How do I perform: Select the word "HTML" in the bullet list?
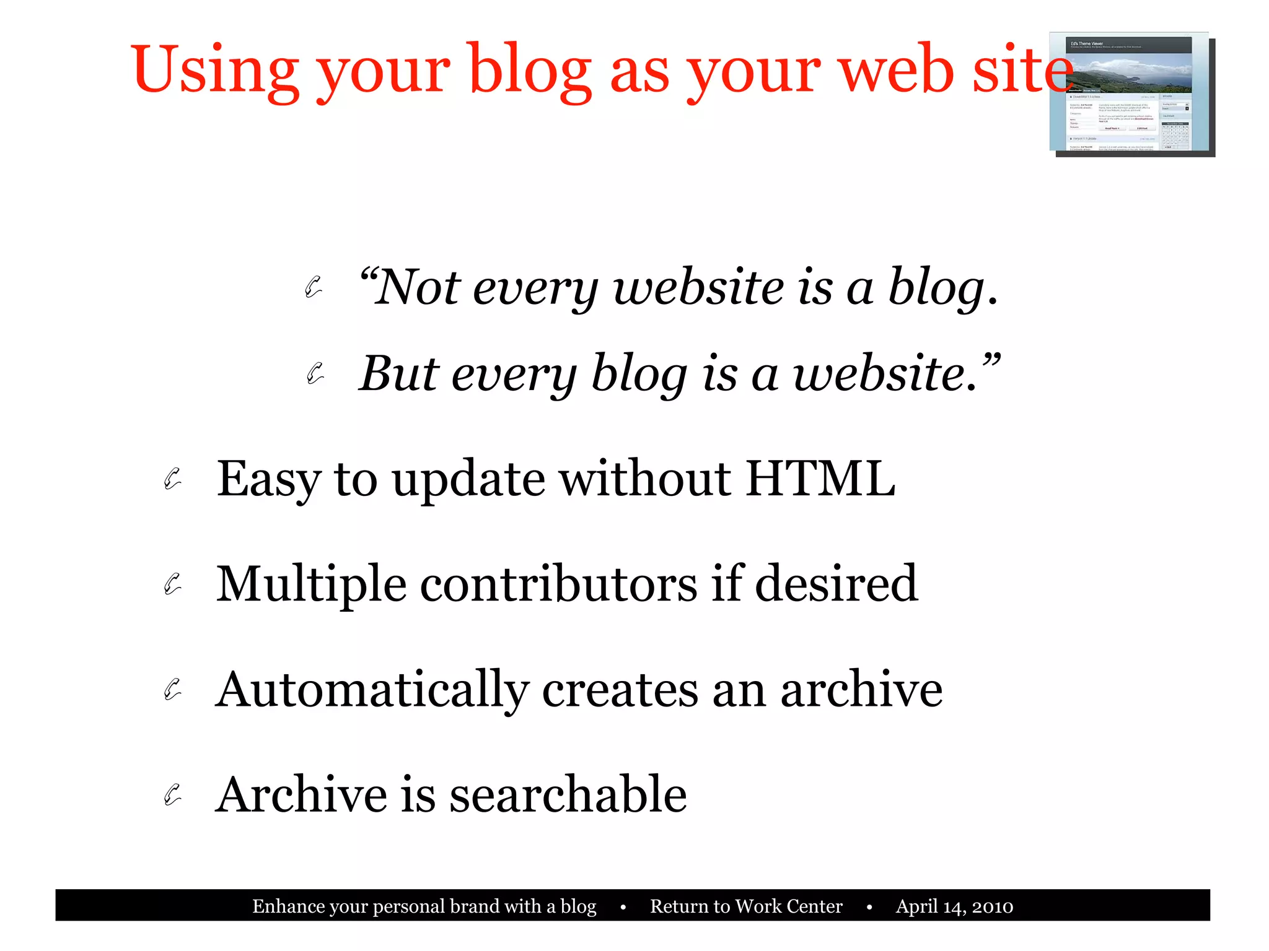click(x=820, y=479)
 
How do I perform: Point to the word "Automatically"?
click(x=372, y=690)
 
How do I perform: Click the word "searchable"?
click(x=568, y=795)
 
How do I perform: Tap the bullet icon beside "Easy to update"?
click(x=173, y=479)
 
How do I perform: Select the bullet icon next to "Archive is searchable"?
click(x=173, y=794)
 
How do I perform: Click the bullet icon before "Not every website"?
click(x=314, y=287)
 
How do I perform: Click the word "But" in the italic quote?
click(x=398, y=374)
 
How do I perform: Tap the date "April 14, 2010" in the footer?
click(x=954, y=906)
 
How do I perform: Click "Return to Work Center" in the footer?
click(x=746, y=906)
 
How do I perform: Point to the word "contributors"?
click(x=558, y=584)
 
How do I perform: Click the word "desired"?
click(x=836, y=584)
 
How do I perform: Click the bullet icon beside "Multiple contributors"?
click(x=173, y=584)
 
